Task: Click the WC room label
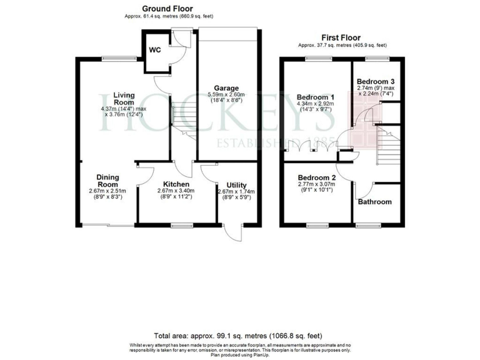click(x=154, y=49)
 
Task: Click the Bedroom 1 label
click(x=315, y=97)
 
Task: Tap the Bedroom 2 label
click(x=316, y=177)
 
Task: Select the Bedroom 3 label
click(x=375, y=81)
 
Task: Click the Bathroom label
click(x=375, y=201)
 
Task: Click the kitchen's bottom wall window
click(x=181, y=224)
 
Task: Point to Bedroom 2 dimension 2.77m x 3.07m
click(x=316, y=185)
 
